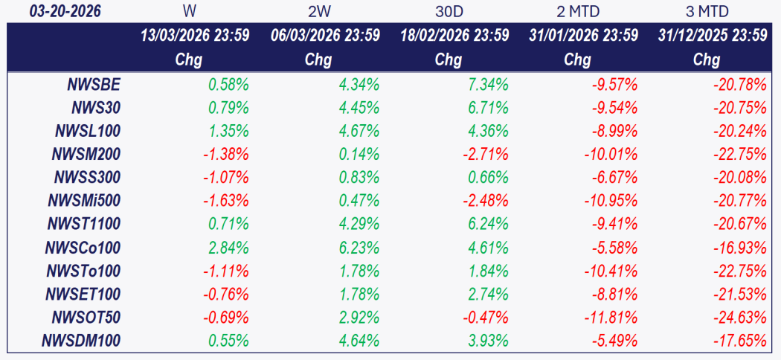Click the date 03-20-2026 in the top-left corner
tap(65, 11)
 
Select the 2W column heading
tap(320, 11)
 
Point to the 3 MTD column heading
tap(707, 11)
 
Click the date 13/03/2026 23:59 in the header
tap(195, 36)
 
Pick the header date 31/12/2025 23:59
tap(713, 36)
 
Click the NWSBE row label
tap(94, 85)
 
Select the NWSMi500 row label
tap(84, 201)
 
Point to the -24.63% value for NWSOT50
tap(740, 318)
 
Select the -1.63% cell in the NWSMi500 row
tap(225, 201)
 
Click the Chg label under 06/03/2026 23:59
tap(318, 60)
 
